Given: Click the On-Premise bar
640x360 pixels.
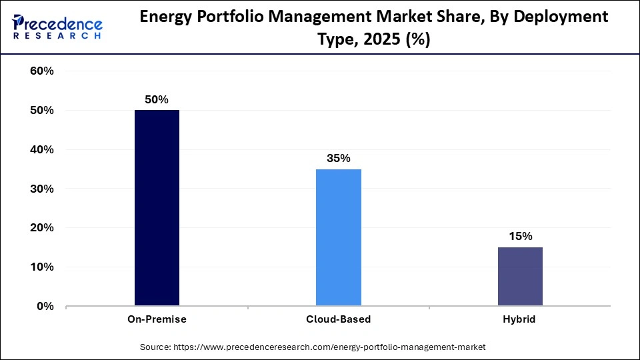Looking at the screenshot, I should click(x=157, y=208).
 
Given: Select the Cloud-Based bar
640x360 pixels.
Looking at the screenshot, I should click(x=338, y=237).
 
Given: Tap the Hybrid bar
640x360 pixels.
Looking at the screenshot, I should click(x=520, y=277).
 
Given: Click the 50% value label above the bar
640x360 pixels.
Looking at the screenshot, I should click(x=157, y=99).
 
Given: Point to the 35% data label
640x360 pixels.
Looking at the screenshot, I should click(x=338, y=158).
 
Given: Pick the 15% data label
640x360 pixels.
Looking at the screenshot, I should click(x=520, y=236).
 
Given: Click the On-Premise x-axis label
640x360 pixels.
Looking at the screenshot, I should click(x=157, y=319).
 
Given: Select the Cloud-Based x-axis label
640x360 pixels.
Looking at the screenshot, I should click(x=338, y=319).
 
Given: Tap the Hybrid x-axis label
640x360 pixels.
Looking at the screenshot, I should click(x=520, y=319).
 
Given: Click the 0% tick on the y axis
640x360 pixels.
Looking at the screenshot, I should click(x=45, y=307).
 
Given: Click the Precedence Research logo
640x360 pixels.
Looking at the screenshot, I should click(x=57, y=27).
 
